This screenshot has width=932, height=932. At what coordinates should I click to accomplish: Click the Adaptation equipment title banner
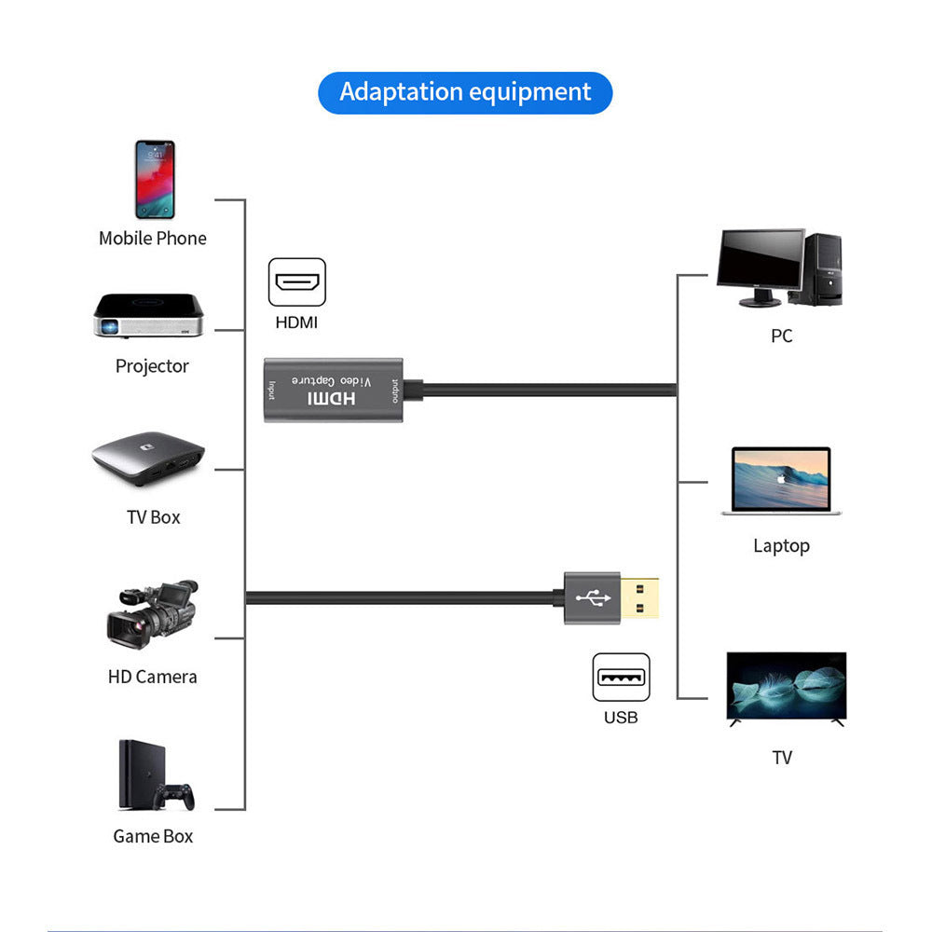pos(465,92)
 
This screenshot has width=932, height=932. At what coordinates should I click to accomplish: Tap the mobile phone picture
pos(154,179)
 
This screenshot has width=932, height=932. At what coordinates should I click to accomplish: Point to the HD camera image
pos(152,614)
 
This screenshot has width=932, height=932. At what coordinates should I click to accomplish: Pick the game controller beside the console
pos(174,797)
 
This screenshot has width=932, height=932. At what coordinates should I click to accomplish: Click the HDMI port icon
pos(297,282)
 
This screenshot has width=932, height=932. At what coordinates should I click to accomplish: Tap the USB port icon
pos(621,678)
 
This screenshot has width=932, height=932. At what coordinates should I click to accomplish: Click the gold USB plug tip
pos(643,597)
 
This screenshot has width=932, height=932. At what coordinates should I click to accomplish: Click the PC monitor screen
pos(761,262)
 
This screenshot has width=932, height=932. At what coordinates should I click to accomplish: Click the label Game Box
pos(152,836)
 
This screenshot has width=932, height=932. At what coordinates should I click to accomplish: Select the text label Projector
pos(152,366)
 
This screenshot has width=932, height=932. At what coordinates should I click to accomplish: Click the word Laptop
pos(781,546)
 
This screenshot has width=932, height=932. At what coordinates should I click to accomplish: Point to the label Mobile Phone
pos(152,239)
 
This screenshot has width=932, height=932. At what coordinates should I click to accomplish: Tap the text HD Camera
pos(152,677)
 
